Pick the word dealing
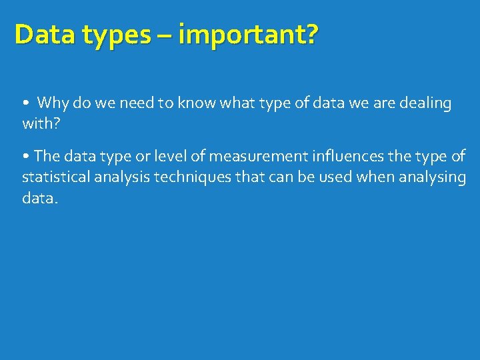pos(425,103)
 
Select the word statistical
pos(53,177)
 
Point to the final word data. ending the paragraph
pos(40,197)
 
